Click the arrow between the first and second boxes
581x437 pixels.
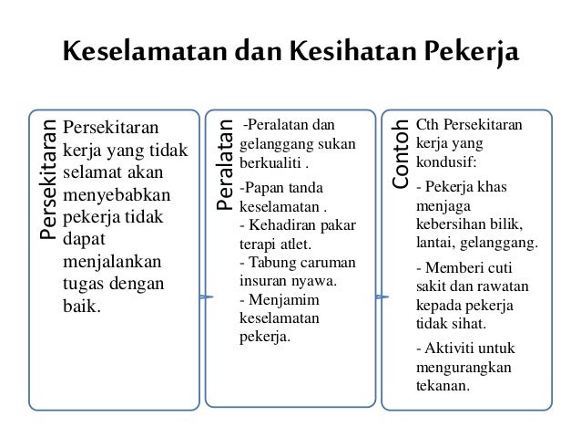pyautogui.click(x=205, y=297)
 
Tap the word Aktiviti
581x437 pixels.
pyautogui.click(x=451, y=348)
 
